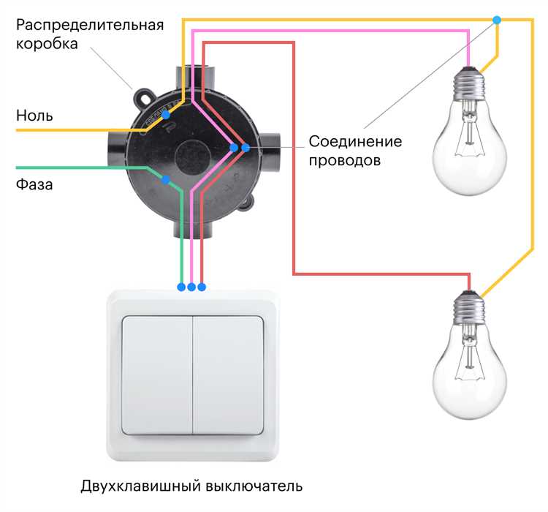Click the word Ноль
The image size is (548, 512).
click(x=34, y=116)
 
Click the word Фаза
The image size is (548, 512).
click(x=34, y=184)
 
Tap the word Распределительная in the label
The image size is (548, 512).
click(x=89, y=25)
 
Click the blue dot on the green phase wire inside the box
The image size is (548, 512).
click(x=167, y=179)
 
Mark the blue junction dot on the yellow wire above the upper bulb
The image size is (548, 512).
click(x=498, y=19)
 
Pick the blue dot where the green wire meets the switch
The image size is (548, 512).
click(x=181, y=287)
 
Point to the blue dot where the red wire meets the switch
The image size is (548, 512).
click(x=202, y=287)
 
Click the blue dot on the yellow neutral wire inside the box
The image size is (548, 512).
click(x=167, y=115)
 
